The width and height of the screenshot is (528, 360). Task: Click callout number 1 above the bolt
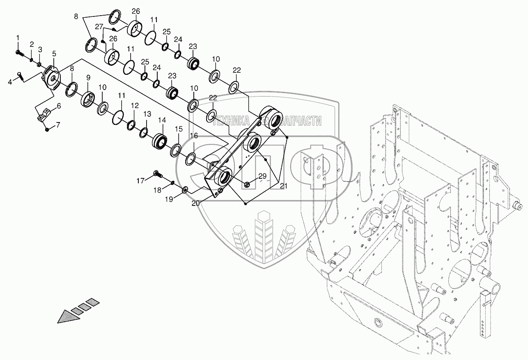click(x=18, y=38)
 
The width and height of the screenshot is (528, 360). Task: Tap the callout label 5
click(x=55, y=53)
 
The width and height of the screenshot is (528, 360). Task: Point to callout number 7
click(x=58, y=124)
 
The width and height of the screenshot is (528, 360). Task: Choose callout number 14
click(x=161, y=120)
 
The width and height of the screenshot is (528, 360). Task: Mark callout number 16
click(x=194, y=136)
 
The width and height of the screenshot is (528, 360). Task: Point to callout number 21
click(x=284, y=186)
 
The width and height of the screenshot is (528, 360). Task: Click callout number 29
click(x=262, y=176)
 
